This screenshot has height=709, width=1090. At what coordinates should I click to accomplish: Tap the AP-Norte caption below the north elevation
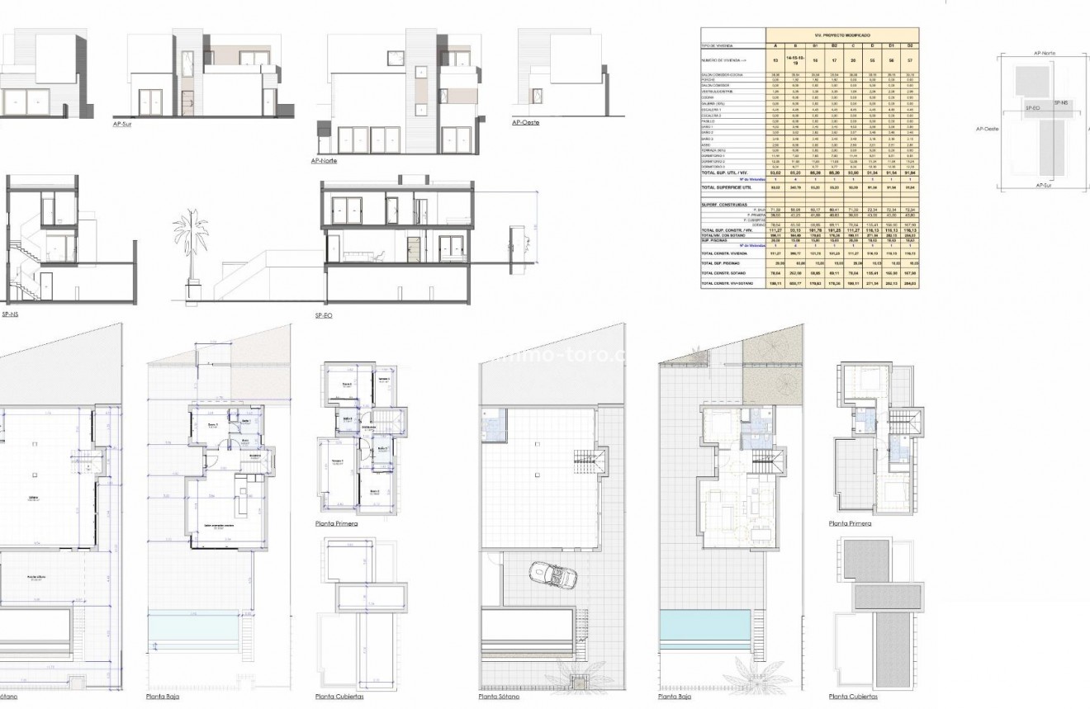pos(325,161)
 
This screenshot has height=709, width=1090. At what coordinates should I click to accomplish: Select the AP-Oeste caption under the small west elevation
pos(525,122)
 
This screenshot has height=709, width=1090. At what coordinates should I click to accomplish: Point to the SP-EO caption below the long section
pos(325,316)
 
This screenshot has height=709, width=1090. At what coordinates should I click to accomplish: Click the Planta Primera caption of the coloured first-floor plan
pos(851,523)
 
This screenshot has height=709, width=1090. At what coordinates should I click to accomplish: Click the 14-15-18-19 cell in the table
pos(794,60)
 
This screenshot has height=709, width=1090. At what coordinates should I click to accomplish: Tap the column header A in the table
pos(774,45)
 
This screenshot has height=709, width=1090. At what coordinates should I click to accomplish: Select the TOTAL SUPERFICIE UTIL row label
pos(726,187)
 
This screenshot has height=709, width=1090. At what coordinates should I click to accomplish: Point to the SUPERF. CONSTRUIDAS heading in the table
pos(720,205)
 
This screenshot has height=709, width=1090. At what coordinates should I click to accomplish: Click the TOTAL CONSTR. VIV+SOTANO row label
pos(730,283)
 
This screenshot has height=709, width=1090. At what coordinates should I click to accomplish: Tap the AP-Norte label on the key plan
pos(1045,53)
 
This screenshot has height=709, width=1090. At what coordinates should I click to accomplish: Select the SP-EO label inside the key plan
pos(1032,108)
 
